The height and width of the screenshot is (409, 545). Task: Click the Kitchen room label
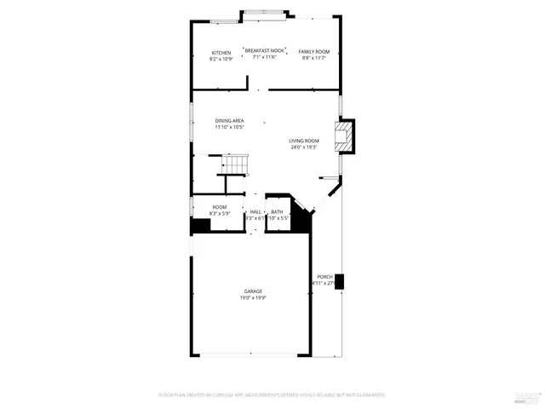point(221,53)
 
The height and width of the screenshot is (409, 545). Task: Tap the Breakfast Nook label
point(264,50)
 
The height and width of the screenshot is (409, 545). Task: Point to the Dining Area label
point(229,121)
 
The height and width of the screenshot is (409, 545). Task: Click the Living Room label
point(303,141)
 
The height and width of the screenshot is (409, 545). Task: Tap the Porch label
point(324,277)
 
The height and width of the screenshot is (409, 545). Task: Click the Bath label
point(277,211)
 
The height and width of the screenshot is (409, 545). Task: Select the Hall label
point(255,211)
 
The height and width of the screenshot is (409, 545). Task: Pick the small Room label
point(220,207)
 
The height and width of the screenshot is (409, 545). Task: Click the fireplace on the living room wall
point(345,136)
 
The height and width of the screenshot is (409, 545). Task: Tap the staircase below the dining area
point(234,163)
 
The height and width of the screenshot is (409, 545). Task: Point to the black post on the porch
point(340,280)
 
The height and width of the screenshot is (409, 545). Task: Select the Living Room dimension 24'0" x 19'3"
point(303,147)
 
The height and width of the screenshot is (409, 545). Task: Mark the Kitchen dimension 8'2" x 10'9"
point(221,59)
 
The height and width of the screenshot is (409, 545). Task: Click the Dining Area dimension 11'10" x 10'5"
point(229,128)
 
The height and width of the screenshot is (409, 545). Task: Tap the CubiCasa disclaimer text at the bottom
point(272,395)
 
